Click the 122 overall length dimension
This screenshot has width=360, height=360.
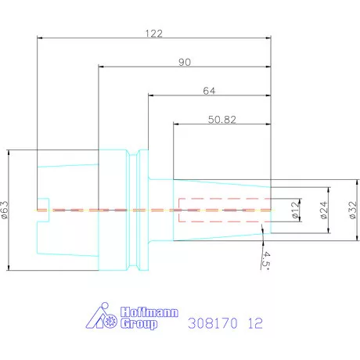click(x=153, y=34)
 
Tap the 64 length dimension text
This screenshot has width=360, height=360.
click(x=208, y=91)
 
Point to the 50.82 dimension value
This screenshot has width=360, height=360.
click(x=222, y=120)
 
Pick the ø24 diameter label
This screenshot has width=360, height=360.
click(x=324, y=211)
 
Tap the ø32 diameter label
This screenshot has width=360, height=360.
click(x=351, y=211)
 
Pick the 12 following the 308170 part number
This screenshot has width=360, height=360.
click(x=255, y=322)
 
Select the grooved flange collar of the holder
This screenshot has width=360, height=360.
click(x=142, y=211)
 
